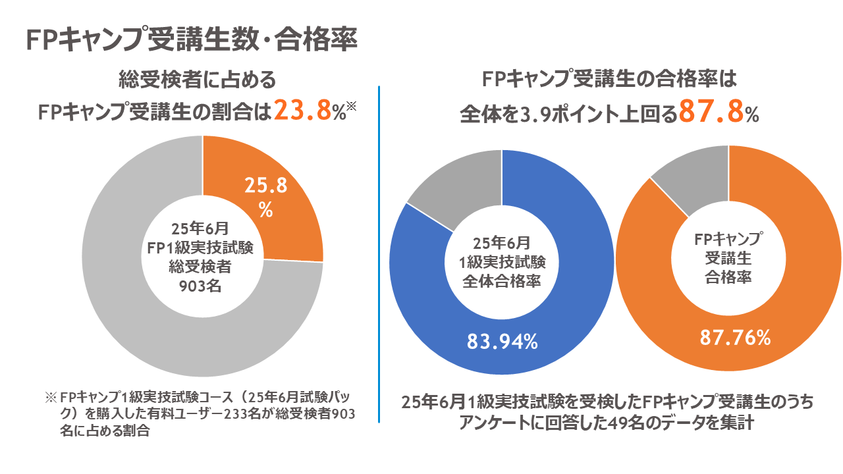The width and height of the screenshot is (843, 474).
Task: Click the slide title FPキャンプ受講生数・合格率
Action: click(192, 40)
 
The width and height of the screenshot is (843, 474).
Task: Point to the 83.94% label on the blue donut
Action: click(503, 342)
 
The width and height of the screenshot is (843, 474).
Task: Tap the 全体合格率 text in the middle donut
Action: click(502, 281)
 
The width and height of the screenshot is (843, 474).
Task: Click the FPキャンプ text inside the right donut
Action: click(728, 238)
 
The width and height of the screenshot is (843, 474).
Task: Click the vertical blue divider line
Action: click(380, 253)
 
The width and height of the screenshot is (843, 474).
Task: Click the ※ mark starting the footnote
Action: click(51, 399)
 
